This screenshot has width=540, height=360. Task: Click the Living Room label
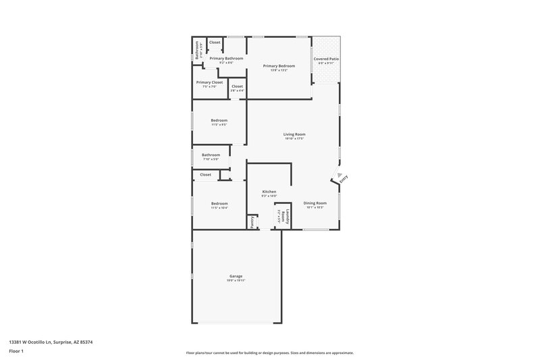click(x=294, y=134)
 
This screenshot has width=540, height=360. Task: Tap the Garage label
click(x=236, y=276)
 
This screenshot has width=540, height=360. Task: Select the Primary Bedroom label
click(x=279, y=66)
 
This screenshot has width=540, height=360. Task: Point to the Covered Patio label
click(x=326, y=59)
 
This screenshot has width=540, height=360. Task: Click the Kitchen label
click(x=269, y=192)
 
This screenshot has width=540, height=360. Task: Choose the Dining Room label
click(x=315, y=203)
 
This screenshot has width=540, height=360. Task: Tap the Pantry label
click(x=252, y=222)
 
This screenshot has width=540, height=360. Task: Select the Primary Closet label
click(x=210, y=82)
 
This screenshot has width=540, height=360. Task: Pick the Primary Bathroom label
click(x=226, y=59)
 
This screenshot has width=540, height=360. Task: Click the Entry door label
click(x=344, y=179)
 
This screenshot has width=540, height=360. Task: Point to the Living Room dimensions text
click(x=294, y=138)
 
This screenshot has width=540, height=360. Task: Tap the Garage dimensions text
click(x=236, y=280)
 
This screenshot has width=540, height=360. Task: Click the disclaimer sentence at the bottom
click(x=269, y=353)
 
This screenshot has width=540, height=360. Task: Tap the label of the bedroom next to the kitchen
click(x=219, y=203)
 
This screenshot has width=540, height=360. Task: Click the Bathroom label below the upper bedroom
click(x=211, y=155)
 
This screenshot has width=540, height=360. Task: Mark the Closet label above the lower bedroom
click(x=205, y=174)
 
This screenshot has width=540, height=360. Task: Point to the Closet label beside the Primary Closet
click(x=237, y=86)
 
